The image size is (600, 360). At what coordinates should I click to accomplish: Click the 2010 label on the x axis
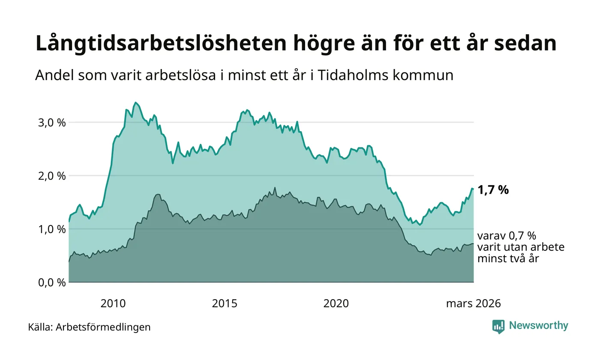click(113, 304)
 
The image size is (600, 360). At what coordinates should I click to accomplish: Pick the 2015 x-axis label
click(225, 304)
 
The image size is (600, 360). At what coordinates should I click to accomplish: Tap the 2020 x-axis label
click(336, 304)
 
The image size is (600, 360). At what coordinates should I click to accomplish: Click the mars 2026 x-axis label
click(473, 304)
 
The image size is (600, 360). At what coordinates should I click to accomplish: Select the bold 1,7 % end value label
click(493, 190)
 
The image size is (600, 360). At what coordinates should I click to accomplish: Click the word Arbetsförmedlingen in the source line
click(103, 327)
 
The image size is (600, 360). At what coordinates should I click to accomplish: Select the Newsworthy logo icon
click(498, 326)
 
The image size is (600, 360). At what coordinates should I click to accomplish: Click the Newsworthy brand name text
click(539, 326)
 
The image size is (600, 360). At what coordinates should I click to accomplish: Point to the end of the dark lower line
click(473, 244)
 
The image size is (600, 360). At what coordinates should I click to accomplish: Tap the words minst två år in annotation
click(508, 258)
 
